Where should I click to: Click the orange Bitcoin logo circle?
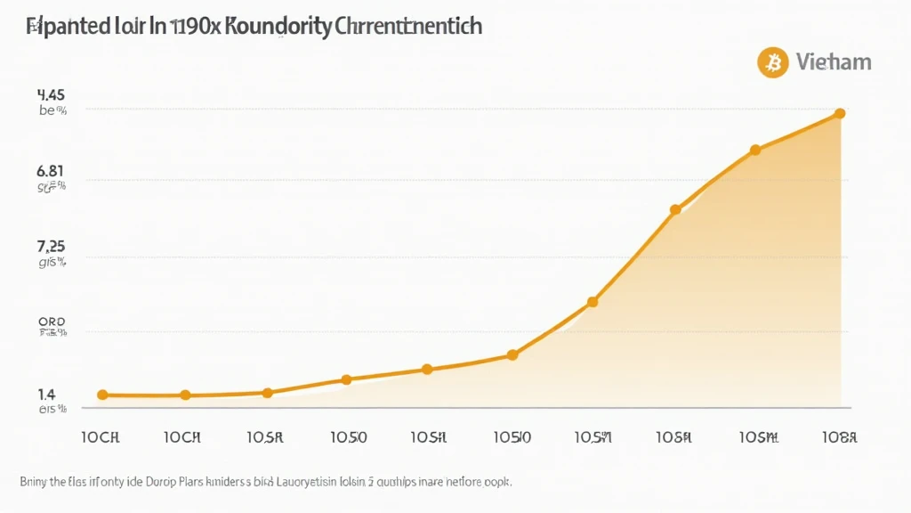(x=773, y=62)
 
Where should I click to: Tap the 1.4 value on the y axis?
(x=46, y=394)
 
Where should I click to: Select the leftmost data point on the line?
(x=102, y=395)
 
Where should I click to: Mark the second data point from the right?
(x=755, y=150)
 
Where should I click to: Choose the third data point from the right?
(x=675, y=209)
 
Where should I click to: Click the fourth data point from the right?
(x=593, y=302)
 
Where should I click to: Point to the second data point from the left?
(x=185, y=395)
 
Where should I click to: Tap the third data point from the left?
(x=267, y=392)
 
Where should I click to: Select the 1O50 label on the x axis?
(x=348, y=437)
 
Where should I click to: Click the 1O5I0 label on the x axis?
(x=512, y=437)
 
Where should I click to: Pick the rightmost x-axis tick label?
(x=838, y=437)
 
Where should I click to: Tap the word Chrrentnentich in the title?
(x=411, y=26)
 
